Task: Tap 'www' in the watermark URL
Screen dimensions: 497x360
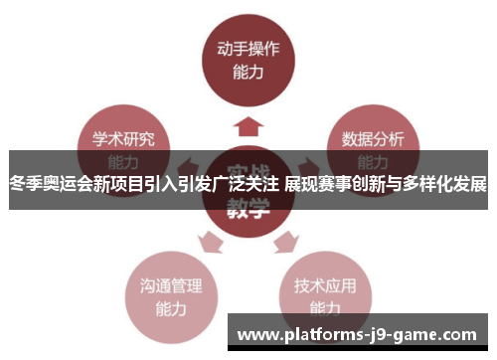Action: tap(260, 335)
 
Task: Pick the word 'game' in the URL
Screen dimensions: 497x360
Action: tap(434, 335)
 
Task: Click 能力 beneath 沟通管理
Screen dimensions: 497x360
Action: tap(164, 308)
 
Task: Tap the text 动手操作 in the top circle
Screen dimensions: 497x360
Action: tap(248, 48)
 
